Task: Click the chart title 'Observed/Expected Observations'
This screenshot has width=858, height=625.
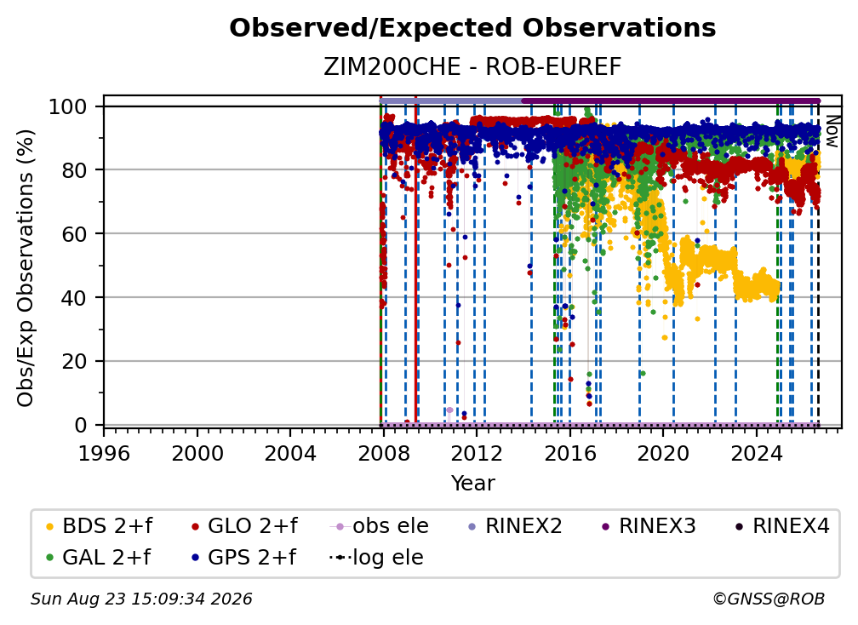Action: click(x=472, y=28)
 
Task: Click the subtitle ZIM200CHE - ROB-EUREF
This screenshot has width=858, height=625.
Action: click(x=472, y=66)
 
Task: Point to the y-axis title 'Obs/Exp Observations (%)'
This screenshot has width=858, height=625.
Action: click(x=26, y=268)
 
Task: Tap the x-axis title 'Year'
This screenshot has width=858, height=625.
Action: click(x=472, y=484)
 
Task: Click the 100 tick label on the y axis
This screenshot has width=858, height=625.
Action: click(x=68, y=106)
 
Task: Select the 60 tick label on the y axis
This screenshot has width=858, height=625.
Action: click(x=74, y=234)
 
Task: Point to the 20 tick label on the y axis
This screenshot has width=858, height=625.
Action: click(x=74, y=362)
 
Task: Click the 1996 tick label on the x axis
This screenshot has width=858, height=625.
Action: click(x=104, y=454)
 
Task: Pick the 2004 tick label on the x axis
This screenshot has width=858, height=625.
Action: click(x=290, y=454)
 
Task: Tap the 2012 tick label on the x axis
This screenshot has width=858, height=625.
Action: click(x=477, y=454)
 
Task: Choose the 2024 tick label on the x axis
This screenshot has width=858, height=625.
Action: click(x=756, y=454)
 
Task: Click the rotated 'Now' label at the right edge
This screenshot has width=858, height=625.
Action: click(x=832, y=131)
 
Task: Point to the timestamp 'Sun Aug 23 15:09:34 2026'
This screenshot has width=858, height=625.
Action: click(x=141, y=599)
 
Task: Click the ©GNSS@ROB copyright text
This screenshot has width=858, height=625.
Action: click(x=769, y=599)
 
